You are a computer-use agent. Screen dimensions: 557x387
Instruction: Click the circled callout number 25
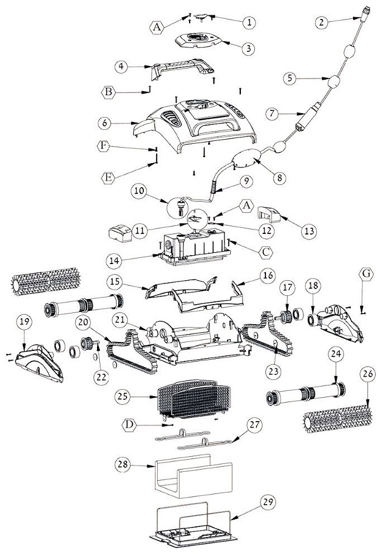(x=123, y=397)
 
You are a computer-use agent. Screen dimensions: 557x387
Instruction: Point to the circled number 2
(x=320, y=23)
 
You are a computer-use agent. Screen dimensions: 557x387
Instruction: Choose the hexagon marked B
(x=110, y=91)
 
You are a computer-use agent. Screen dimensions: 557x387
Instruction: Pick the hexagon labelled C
(x=267, y=252)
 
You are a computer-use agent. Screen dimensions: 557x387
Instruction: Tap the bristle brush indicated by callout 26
(x=337, y=418)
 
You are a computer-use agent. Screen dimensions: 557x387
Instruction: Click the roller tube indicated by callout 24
(x=304, y=393)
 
